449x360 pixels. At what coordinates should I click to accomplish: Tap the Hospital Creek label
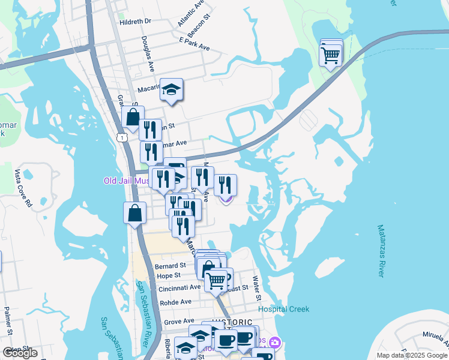click(x=283, y=310)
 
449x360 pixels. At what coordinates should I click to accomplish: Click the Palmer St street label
click(x=8, y=320)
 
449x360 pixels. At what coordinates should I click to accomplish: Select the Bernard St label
click(x=170, y=265)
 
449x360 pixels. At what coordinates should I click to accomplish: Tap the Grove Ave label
click(x=179, y=322)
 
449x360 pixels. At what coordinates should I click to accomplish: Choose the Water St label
click(x=257, y=288)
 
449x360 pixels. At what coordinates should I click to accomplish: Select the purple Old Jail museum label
click(x=126, y=181)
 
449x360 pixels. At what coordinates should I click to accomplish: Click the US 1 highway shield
click(x=122, y=138)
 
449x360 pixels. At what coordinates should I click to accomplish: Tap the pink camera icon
click(x=275, y=343)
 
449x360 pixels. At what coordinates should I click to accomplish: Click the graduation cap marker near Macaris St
click(x=172, y=91)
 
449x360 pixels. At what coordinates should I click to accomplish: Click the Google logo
click(x=20, y=353)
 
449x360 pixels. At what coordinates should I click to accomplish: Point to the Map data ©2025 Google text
click(x=411, y=355)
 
